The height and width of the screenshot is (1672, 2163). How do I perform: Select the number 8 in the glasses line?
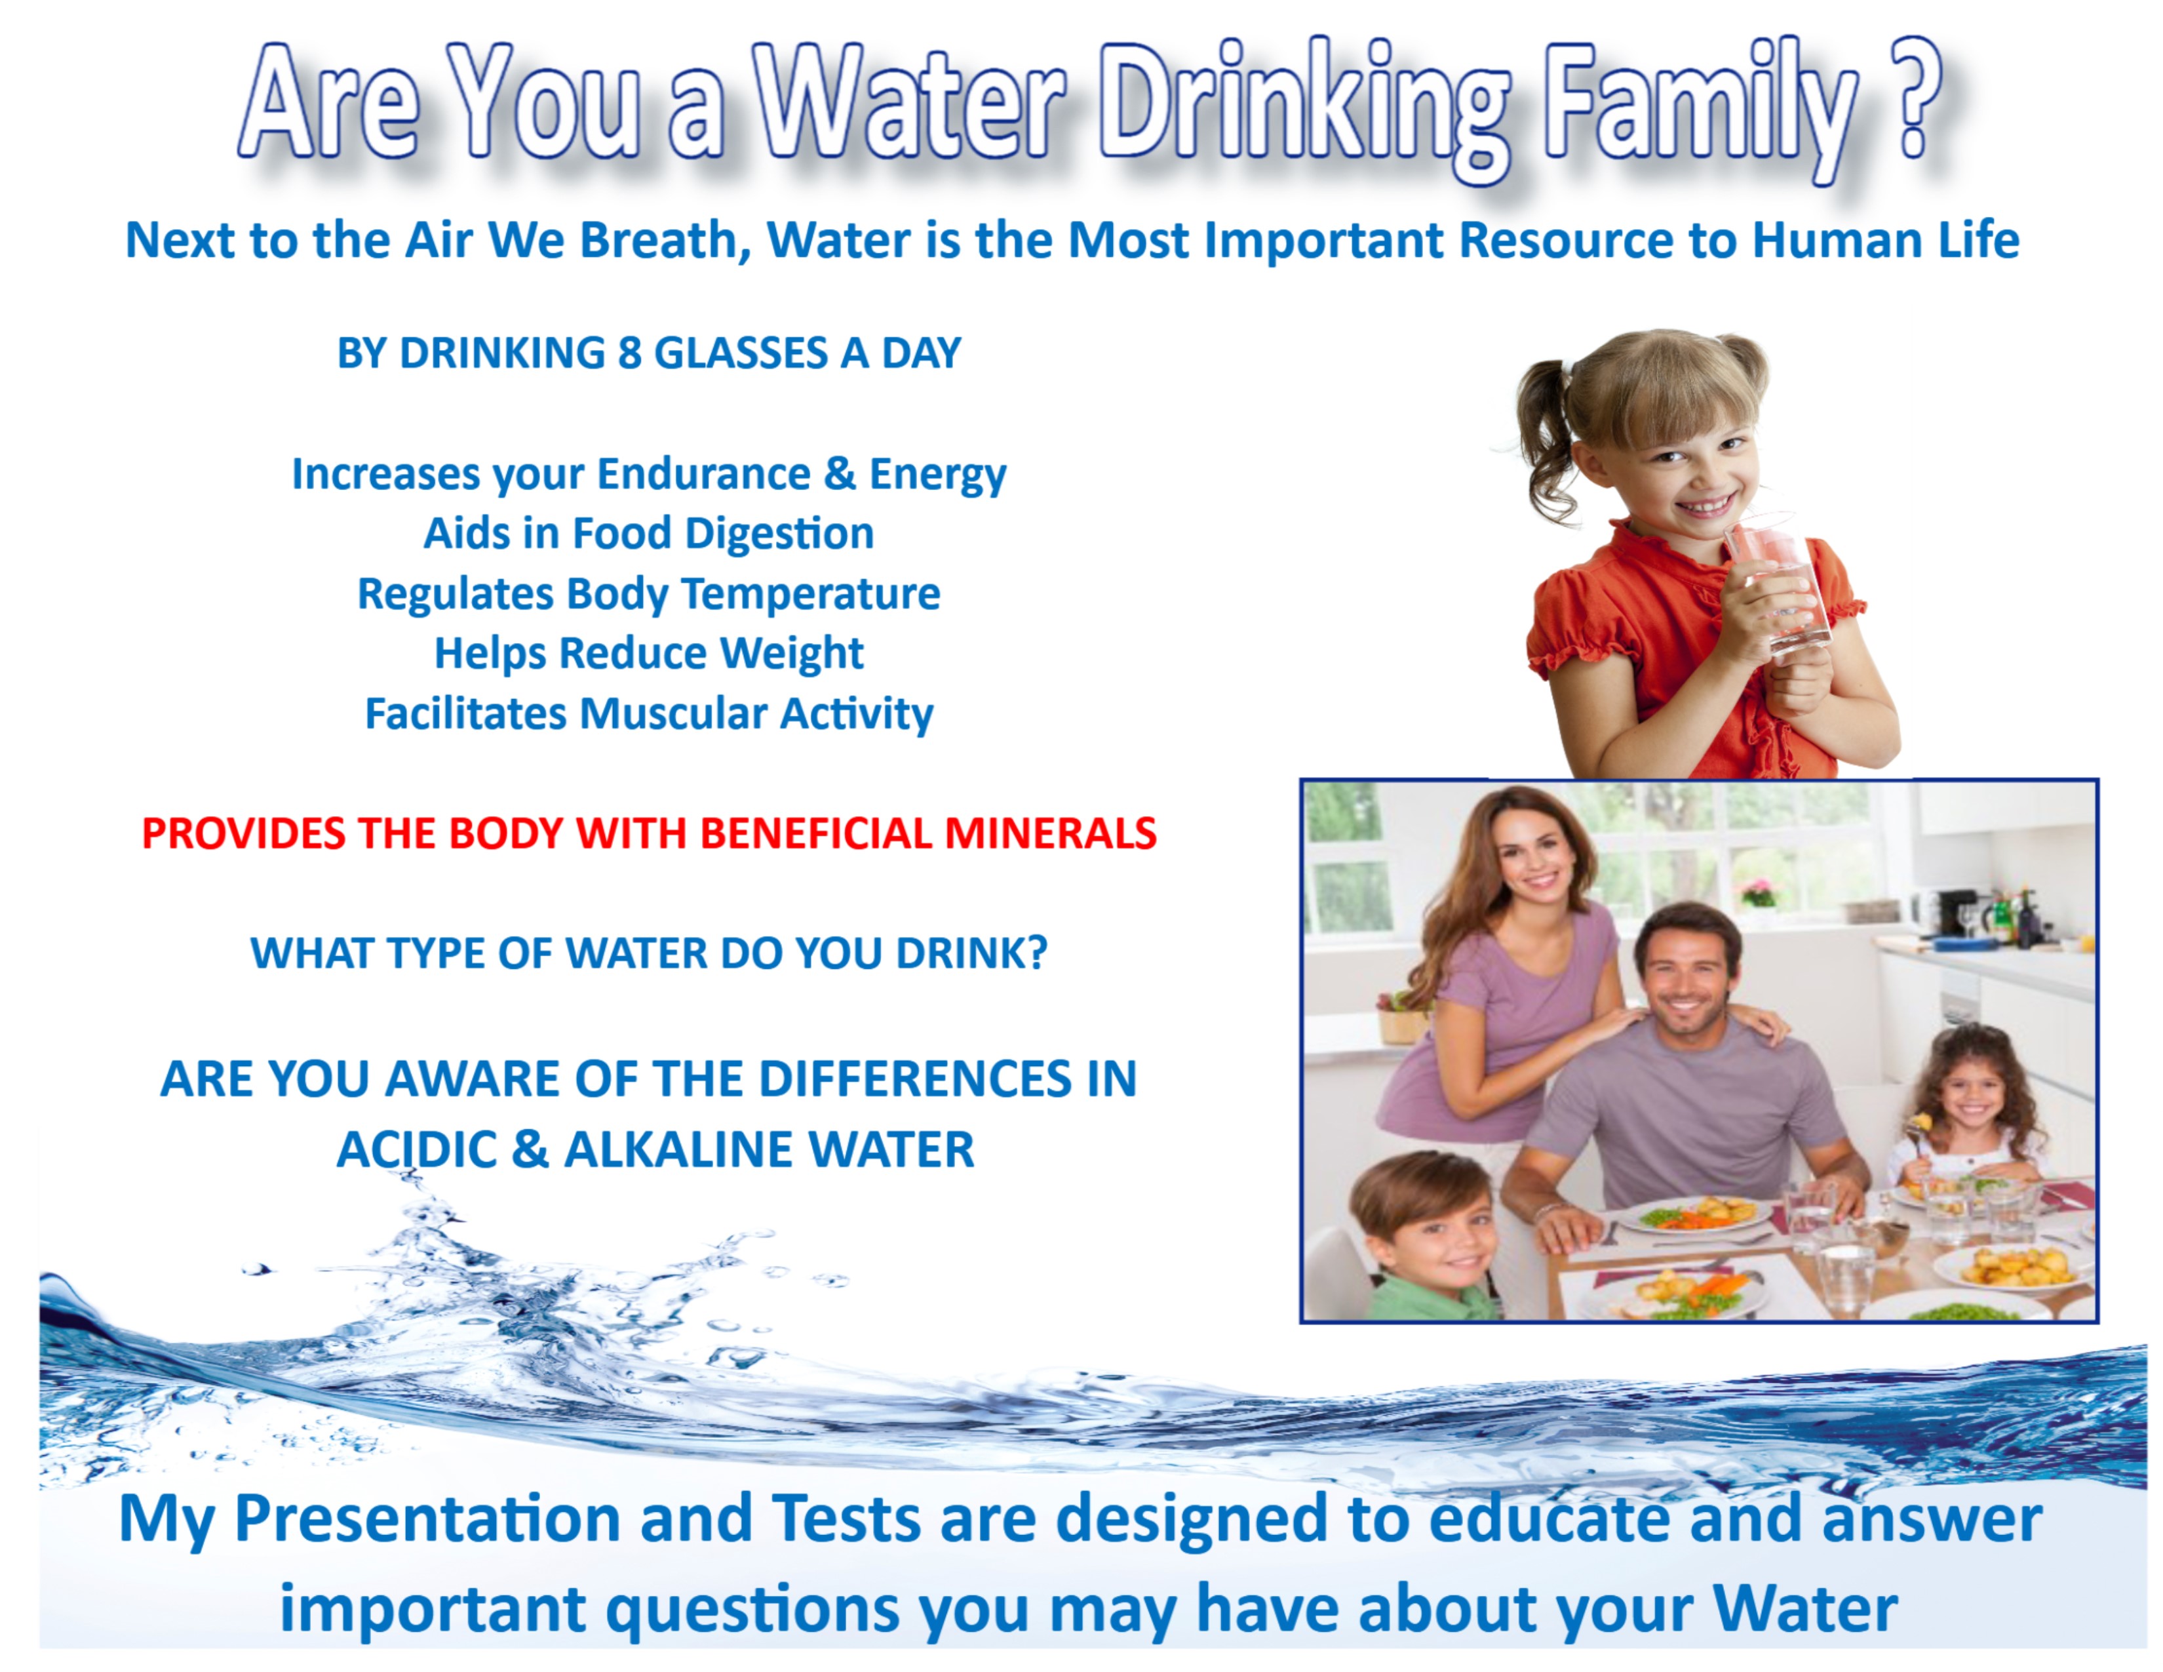(x=630, y=353)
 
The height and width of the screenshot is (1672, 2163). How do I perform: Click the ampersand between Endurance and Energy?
(x=839, y=473)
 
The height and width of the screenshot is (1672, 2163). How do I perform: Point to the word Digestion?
(x=779, y=534)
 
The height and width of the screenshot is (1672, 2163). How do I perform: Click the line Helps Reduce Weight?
(x=649, y=654)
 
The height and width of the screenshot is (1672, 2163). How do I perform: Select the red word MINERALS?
(x=1051, y=833)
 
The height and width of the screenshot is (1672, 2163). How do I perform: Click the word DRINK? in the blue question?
(x=971, y=953)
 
